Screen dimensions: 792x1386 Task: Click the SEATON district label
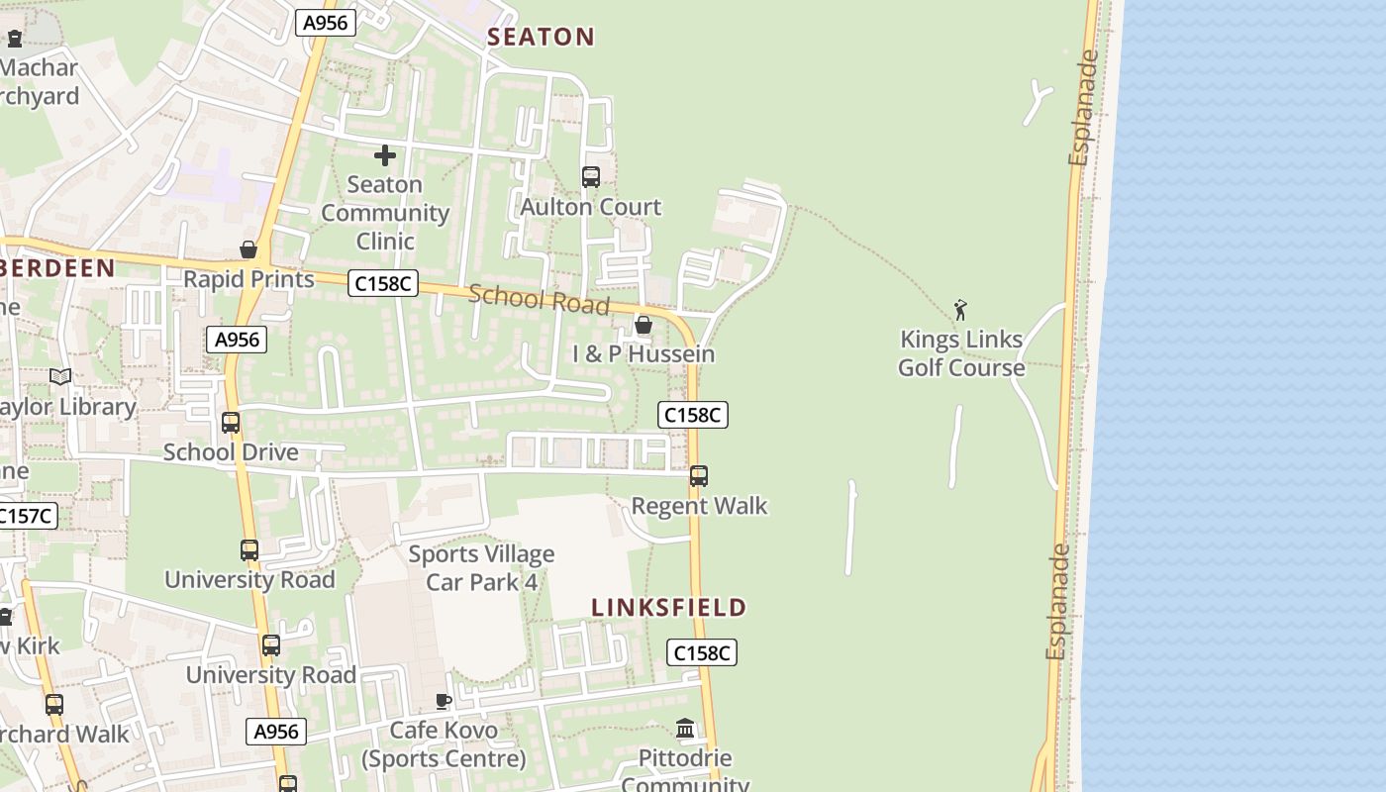click(x=541, y=38)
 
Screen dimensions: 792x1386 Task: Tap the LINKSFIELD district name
click(x=668, y=608)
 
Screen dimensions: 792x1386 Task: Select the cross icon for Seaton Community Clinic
click(x=385, y=155)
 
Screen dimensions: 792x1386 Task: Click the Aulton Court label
click(x=591, y=207)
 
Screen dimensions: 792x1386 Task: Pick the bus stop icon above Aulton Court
click(x=591, y=177)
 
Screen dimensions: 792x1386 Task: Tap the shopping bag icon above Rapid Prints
click(x=248, y=249)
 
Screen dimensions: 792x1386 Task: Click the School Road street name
click(x=539, y=298)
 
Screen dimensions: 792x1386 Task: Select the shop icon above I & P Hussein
click(x=643, y=325)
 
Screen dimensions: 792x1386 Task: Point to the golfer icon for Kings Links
click(x=960, y=310)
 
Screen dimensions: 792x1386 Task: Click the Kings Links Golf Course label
click(x=961, y=353)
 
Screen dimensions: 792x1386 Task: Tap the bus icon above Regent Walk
click(x=699, y=476)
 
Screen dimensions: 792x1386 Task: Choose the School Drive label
click(x=231, y=452)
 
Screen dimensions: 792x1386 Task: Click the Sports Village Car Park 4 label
click(x=481, y=568)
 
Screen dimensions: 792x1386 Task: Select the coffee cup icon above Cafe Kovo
click(x=444, y=701)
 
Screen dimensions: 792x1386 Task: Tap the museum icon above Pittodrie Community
click(x=685, y=730)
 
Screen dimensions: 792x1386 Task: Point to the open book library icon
click(x=60, y=377)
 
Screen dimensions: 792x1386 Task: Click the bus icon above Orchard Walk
click(x=54, y=705)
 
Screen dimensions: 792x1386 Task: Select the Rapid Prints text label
click(x=248, y=279)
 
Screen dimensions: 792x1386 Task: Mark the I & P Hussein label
click(x=643, y=354)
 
